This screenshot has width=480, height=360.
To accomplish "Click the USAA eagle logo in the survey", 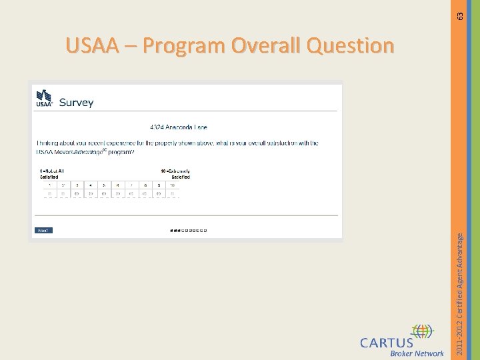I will [x=44, y=99].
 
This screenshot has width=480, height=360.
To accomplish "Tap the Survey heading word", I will [x=76, y=103].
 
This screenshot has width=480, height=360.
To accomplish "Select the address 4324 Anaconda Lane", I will [x=178, y=127].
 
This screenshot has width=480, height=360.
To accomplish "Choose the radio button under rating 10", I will [x=173, y=194].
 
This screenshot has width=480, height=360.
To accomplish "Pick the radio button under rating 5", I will [x=104, y=194].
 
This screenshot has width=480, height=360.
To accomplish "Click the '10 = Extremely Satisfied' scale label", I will [x=175, y=174].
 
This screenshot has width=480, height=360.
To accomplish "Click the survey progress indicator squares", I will [x=188, y=231].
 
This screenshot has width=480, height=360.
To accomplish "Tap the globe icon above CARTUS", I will [x=422, y=331].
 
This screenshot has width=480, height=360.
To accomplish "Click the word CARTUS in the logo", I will [x=386, y=343].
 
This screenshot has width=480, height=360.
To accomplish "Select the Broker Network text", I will [x=417, y=353].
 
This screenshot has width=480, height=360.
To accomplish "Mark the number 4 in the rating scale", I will [x=90, y=185].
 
